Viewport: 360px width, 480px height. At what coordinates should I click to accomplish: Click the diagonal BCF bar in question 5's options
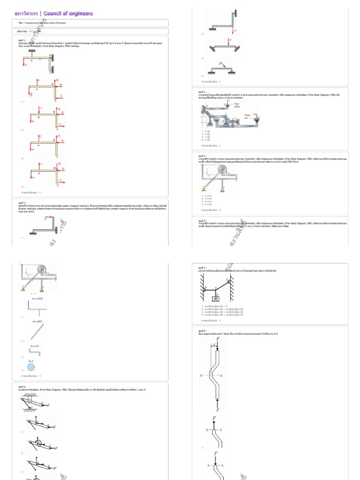coord(37,332)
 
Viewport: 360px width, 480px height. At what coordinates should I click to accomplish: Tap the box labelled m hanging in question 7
coord(216,299)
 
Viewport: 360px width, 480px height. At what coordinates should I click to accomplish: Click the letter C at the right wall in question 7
coord(228,280)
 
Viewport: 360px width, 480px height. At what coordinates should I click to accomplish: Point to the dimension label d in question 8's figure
coord(214,346)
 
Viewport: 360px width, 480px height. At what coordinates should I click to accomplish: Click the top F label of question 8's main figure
coord(216,337)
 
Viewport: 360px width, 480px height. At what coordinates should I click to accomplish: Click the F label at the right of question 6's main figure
coord(48,405)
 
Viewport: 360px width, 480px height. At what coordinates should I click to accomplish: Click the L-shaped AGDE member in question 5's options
coord(37,308)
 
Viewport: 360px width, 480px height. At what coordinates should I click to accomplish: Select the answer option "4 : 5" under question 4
coord(206,204)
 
